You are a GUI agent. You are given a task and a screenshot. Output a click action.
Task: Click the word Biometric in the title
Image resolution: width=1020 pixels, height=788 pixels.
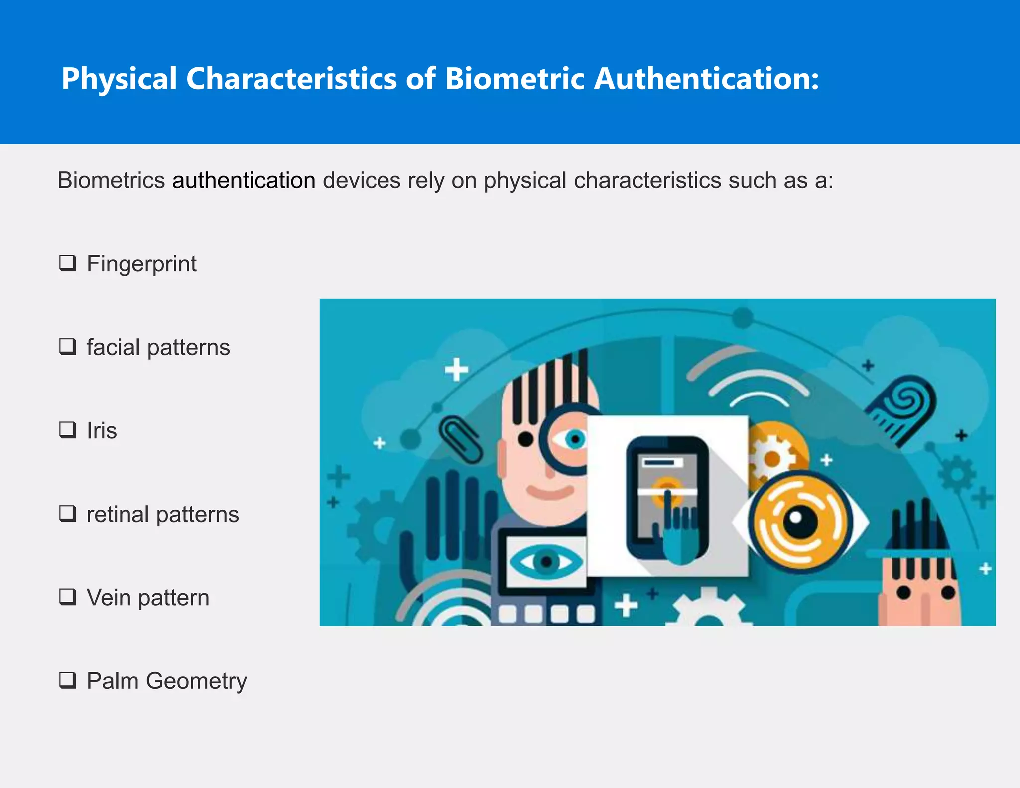514,79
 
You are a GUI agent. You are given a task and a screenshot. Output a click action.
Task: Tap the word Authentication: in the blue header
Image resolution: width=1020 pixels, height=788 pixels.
706,79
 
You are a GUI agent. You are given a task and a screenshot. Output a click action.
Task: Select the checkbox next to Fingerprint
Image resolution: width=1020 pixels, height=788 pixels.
68,263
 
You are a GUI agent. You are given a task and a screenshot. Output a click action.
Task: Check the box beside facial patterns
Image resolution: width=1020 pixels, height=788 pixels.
68,346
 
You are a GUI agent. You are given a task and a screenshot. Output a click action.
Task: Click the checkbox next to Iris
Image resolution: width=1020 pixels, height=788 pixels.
68,429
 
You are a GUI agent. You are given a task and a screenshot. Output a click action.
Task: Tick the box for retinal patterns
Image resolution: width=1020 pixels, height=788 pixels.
68,513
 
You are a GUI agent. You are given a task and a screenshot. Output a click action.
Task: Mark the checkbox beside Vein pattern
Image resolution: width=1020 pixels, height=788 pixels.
68,596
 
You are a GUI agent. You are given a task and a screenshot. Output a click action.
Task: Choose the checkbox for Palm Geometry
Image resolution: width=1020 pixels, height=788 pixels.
68,680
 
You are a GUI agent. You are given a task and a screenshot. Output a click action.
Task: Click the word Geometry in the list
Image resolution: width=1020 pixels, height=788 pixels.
196,681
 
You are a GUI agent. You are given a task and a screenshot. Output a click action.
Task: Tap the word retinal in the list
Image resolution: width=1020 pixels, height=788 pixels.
118,514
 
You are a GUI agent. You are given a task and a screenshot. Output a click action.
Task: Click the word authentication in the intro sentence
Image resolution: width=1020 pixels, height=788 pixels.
244,180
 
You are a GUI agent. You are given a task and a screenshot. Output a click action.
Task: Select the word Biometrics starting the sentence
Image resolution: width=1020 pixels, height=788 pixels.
111,180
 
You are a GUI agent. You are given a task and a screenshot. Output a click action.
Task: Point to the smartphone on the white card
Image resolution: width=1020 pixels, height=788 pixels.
667,496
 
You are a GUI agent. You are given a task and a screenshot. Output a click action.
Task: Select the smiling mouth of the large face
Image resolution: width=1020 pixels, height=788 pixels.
550,492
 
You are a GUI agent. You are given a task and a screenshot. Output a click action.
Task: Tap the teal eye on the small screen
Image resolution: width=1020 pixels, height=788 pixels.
546,562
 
